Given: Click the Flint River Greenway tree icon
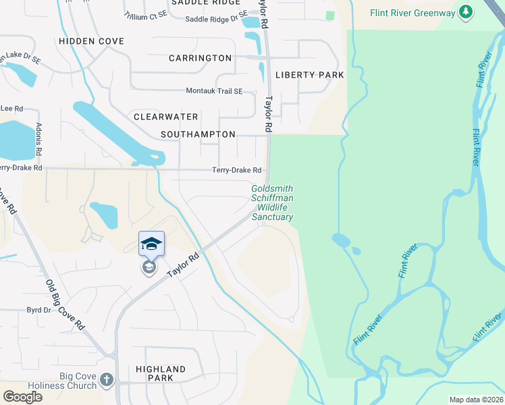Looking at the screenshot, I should click(464, 12).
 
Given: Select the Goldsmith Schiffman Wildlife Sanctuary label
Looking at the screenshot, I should click(273, 203).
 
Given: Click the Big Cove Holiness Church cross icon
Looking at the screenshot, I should click(106, 380).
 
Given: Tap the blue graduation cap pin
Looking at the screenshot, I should click(151, 244).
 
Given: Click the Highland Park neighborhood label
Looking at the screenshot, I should click(160, 373).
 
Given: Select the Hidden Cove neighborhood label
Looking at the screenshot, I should click(91, 41).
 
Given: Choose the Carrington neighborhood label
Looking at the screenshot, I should click(201, 58).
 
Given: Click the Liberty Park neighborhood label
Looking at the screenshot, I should click(309, 75).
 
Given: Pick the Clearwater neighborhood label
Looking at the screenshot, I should click(165, 117).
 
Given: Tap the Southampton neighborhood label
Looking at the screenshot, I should click(198, 134).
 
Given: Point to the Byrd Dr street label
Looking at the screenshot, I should click(38, 310).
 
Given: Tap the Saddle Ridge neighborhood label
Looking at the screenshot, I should click(205, 3).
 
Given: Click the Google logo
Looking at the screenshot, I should click(23, 396).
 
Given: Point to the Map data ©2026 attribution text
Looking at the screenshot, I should click(476, 400).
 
